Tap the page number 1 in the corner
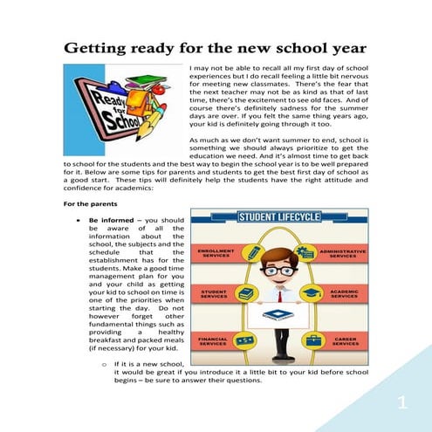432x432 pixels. tap(402, 402)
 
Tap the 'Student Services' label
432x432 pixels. tap(214, 294)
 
